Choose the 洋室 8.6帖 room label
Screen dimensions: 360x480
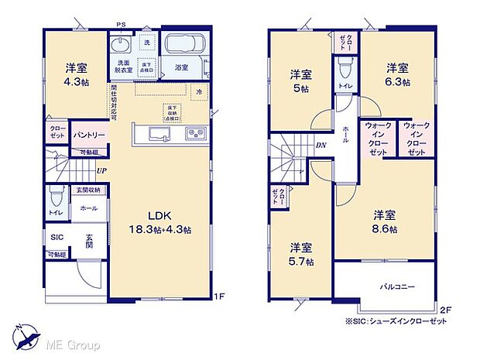pos(385,221)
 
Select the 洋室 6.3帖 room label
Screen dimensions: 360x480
pos(398,74)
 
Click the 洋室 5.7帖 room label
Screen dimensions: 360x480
pos(301,255)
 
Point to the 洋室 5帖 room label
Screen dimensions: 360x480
pos(301,81)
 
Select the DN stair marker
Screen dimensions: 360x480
pos(321,145)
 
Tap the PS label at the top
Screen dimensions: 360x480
pos(121,26)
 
